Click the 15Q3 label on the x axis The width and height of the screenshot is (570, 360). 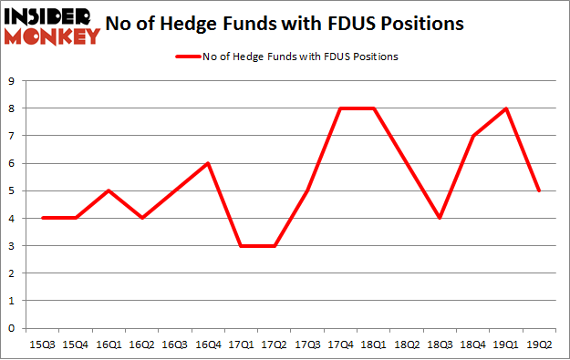pos(43,344)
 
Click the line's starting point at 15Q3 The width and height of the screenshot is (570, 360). pos(43,218)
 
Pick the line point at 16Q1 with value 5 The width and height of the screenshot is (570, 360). pos(109,190)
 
